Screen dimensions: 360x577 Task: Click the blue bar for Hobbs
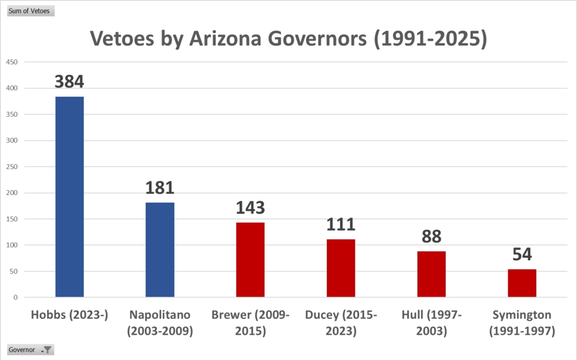(69, 197)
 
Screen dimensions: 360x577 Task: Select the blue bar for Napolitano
(160, 250)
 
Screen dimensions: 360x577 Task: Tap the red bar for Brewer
(250, 260)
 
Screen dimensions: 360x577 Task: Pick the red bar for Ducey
(341, 268)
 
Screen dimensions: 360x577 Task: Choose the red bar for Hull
(432, 274)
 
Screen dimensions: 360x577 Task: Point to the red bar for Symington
(522, 283)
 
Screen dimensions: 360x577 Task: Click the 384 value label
(69, 81)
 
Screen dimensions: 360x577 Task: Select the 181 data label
(160, 187)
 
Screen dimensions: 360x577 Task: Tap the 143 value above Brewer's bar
(250, 207)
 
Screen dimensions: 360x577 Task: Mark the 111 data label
(341, 224)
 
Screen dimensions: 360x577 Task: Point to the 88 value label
(432, 236)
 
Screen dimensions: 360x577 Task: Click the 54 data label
(522, 254)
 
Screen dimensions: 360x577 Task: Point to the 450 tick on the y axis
(12, 62)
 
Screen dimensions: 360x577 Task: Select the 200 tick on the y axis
(12, 193)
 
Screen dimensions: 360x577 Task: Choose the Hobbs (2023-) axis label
(69, 315)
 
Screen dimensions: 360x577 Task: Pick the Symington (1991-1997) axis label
(522, 323)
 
